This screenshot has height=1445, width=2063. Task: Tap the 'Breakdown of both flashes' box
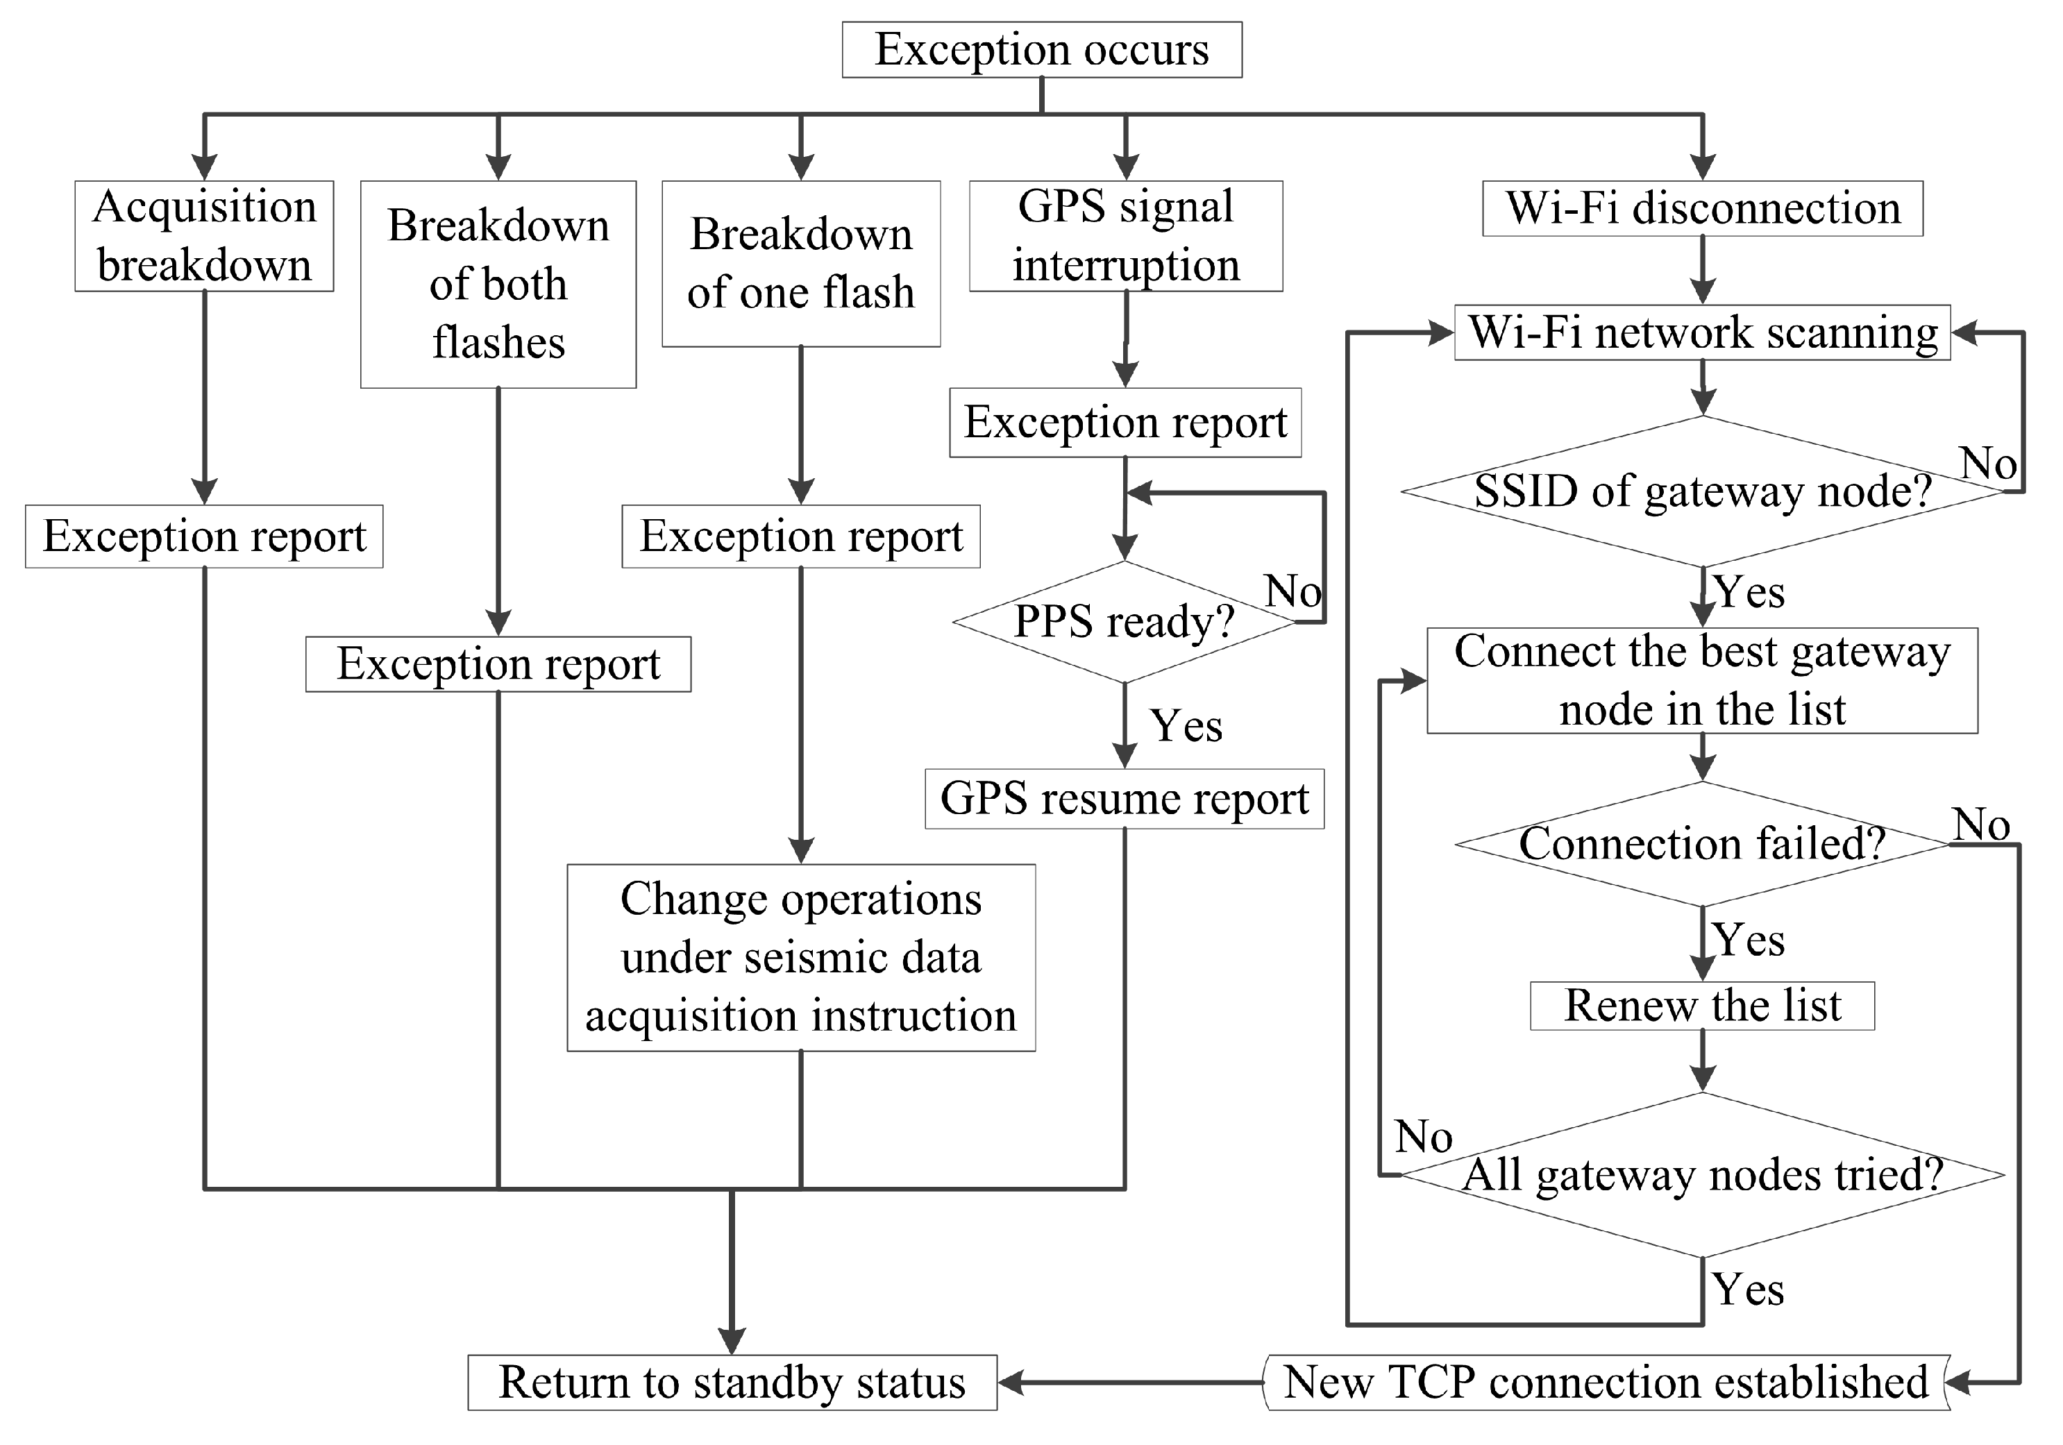[498, 284]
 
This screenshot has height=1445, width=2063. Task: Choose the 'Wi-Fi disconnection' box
[1702, 208]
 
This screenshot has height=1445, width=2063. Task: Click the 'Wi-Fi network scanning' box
[1702, 332]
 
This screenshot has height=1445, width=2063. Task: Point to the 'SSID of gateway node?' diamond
[1702, 491]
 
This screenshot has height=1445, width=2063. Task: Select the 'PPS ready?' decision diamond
[1124, 622]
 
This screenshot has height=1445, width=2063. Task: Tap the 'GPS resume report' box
[1124, 798]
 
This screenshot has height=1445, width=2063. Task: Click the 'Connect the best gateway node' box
[1702, 680]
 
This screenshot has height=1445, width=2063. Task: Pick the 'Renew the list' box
[1702, 1006]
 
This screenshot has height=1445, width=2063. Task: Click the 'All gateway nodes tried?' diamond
[1702, 1174]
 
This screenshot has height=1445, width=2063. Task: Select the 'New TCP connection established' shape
[1606, 1382]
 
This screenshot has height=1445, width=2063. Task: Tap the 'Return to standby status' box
[732, 1382]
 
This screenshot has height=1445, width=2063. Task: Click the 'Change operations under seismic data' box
[800, 957]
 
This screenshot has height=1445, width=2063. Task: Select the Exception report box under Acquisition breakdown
[204, 536]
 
